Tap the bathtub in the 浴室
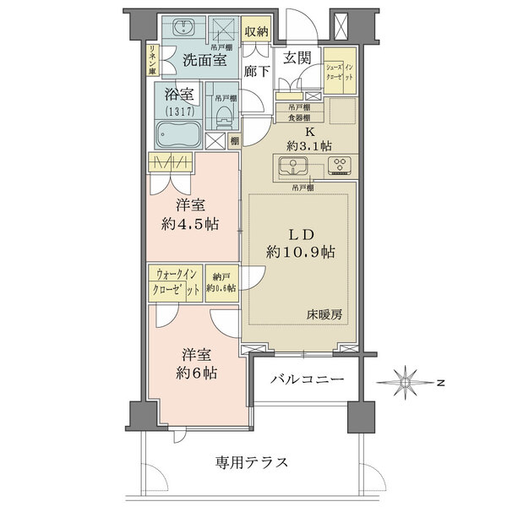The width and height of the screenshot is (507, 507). tap(177, 133)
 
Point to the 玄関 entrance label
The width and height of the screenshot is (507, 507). tap(297, 57)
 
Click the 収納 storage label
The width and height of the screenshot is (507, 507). tap(257, 31)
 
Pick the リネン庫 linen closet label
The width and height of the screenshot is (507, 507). tap(151, 61)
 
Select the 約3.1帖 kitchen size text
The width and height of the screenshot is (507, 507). tap(308, 145)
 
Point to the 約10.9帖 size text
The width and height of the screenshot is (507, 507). tap(300, 252)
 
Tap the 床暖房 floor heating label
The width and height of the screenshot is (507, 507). tap(324, 314)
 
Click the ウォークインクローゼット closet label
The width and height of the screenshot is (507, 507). tap(176, 281)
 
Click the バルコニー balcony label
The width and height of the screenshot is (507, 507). tap(308, 381)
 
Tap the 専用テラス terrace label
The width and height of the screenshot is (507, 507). tap(252, 462)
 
